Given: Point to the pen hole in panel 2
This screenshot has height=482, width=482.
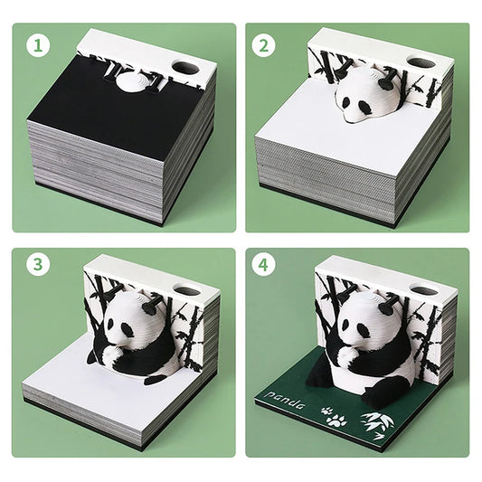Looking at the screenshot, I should click(x=421, y=62).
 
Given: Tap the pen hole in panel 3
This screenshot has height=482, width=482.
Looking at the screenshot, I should click(x=188, y=292).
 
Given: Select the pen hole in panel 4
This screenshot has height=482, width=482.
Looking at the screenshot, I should click(x=422, y=292).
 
